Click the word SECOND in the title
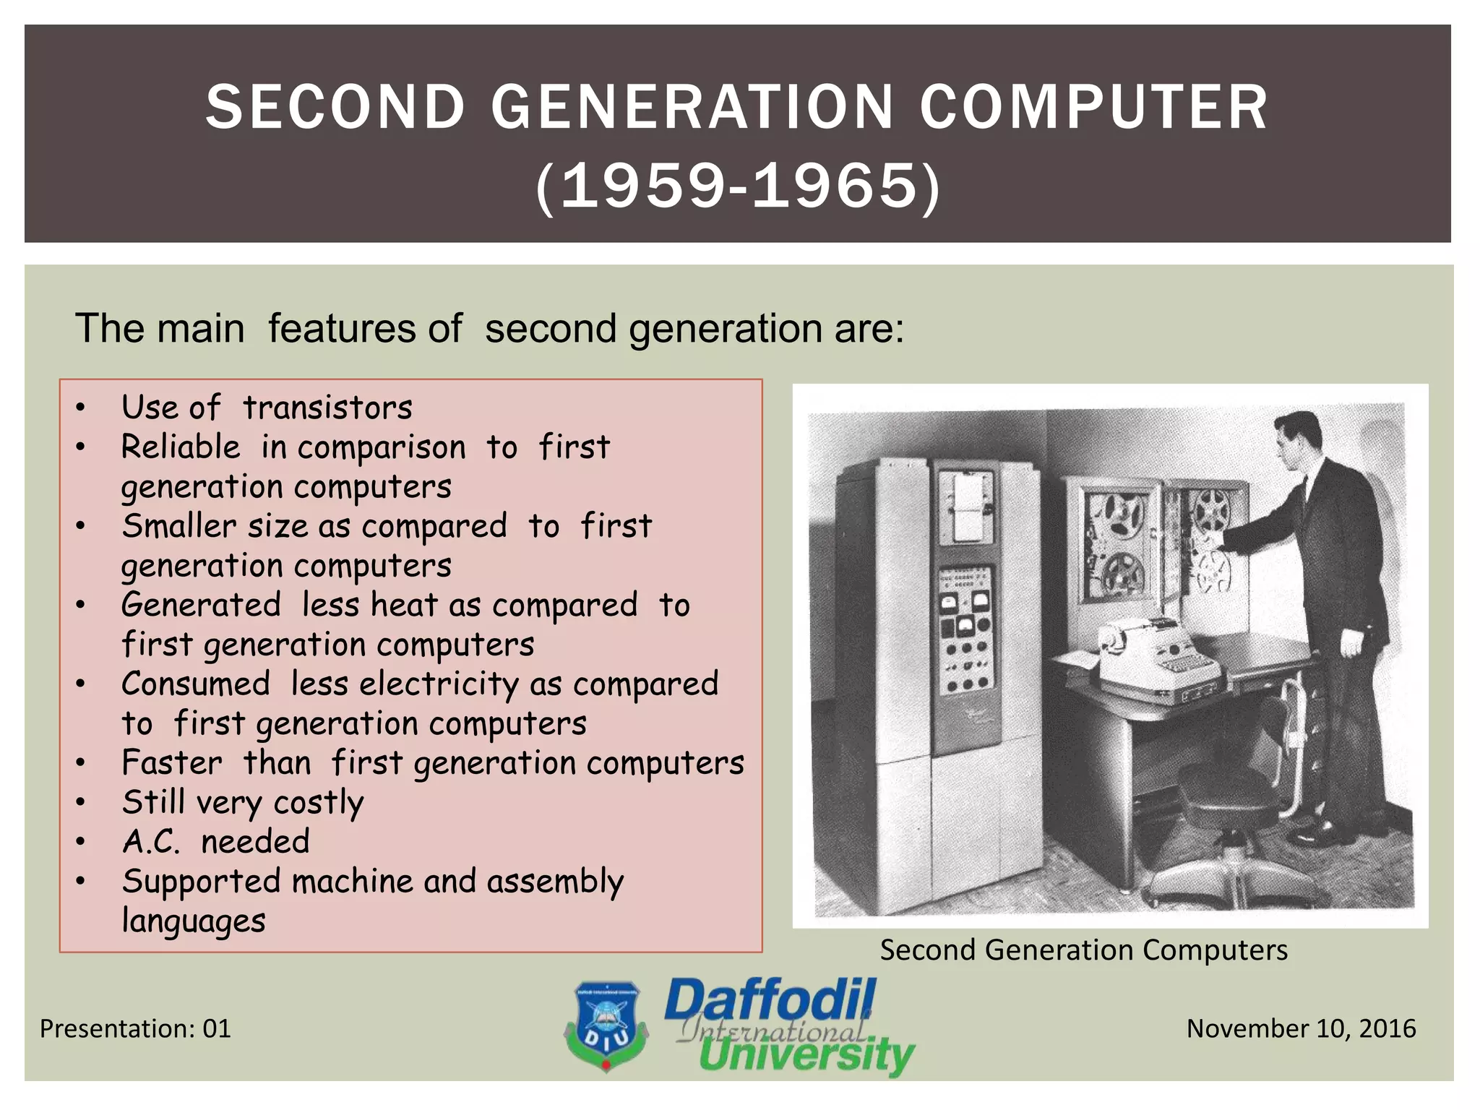(x=335, y=108)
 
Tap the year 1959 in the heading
(x=642, y=186)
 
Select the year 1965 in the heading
(x=835, y=186)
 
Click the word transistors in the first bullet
(x=327, y=408)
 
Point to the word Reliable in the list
(x=181, y=447)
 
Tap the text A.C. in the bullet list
(x=150, y=842)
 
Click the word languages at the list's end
(x=194, y=921)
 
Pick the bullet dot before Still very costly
(x=81, y=802)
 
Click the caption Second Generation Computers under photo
(x=1083, y=950)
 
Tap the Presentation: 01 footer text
(x=135, y=1029)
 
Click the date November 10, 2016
(x=1301, y=1029)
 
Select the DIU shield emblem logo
(x=606, y=1026)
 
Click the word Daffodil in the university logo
(x=770, y=1000)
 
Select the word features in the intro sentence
(x=365, y=329)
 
